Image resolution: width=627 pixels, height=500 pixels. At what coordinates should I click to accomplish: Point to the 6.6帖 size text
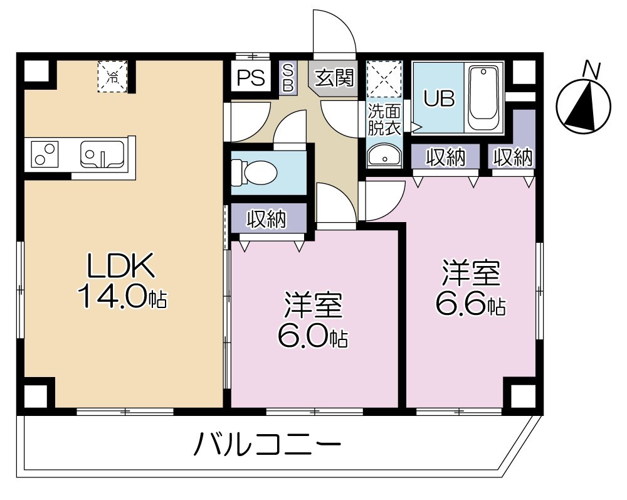pyautogui.click(x=471, y=305)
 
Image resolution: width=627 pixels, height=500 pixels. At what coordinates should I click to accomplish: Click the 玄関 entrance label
pyautogui.click(x=334, y=78)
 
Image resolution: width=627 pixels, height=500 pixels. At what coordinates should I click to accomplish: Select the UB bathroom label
pyautogui.click(x=438, y=98)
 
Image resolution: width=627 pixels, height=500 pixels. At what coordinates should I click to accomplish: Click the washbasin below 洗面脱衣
pyautogui.click(x=385, y=156)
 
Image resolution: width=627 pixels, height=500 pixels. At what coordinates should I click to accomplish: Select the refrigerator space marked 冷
pyautogui.click(x=113, y=77)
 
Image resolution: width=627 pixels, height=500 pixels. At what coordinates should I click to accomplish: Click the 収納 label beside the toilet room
pyautogui.click(x=266, y=219)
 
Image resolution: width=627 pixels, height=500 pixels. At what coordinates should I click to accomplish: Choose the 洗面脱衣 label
pyautogui.click(x=384, y=120)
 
